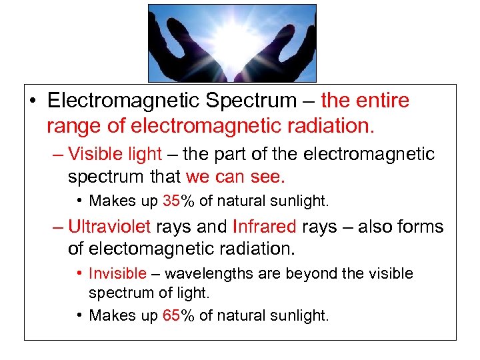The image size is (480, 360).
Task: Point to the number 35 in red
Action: pos(171,201)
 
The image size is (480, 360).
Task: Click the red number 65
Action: pos(171,315)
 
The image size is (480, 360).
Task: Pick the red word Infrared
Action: pos(264,227)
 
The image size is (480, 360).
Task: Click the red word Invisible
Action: pos(117,274)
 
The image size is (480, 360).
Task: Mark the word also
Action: pos(375,227)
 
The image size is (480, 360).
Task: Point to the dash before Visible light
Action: pos(58,155)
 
